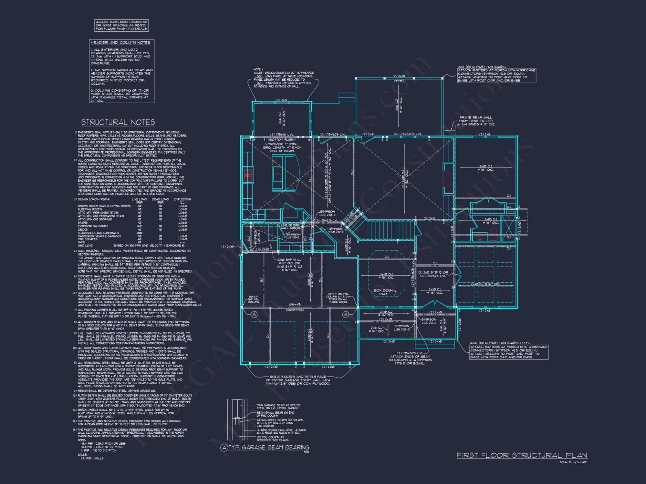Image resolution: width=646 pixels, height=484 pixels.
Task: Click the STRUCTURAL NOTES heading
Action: pos(118,122)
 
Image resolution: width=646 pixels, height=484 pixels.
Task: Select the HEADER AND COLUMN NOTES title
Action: pos(120,43)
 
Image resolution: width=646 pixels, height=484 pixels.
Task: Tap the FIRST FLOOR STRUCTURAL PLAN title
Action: pos(522,455)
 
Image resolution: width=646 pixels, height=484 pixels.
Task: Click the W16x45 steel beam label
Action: pos(295,305)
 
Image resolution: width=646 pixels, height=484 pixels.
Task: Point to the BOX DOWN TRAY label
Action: pos(383,292)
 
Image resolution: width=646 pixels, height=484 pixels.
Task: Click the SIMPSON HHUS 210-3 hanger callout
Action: pos(336,230)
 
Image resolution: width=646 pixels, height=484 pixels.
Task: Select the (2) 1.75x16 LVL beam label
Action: pos(282,135)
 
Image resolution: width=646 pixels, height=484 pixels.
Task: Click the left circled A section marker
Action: pos(254,314)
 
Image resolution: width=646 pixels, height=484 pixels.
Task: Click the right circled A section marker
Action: pos(346,314)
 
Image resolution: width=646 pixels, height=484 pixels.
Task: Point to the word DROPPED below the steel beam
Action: pos(295,310)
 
